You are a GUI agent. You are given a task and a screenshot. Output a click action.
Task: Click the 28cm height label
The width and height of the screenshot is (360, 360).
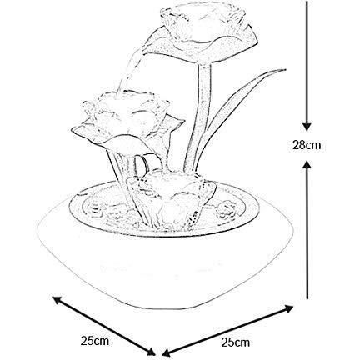tap(307, 145)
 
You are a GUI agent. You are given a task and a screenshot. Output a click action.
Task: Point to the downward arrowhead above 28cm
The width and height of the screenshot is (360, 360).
tap(307, 127)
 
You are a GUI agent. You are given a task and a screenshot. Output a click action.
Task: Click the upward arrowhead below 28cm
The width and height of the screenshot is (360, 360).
tap(307, 164)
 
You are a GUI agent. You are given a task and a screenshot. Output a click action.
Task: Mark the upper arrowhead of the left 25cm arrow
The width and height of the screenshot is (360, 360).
tap(57, 300)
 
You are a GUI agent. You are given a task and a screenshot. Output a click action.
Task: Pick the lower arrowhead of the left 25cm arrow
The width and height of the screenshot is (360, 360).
tap(151, 351)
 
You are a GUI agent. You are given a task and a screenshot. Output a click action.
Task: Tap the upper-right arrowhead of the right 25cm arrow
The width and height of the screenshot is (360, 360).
tap(289, 308)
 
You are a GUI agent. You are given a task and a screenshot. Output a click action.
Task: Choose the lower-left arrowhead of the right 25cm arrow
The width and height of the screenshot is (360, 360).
tap(166, 352)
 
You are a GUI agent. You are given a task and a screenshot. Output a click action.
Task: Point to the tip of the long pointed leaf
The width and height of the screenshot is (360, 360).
tap(285, 69)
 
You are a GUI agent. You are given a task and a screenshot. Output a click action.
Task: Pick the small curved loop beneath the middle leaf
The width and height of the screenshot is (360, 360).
tap(141, 164)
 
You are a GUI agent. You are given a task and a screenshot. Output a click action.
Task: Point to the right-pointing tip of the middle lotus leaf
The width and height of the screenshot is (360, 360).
tap(183, 122)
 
